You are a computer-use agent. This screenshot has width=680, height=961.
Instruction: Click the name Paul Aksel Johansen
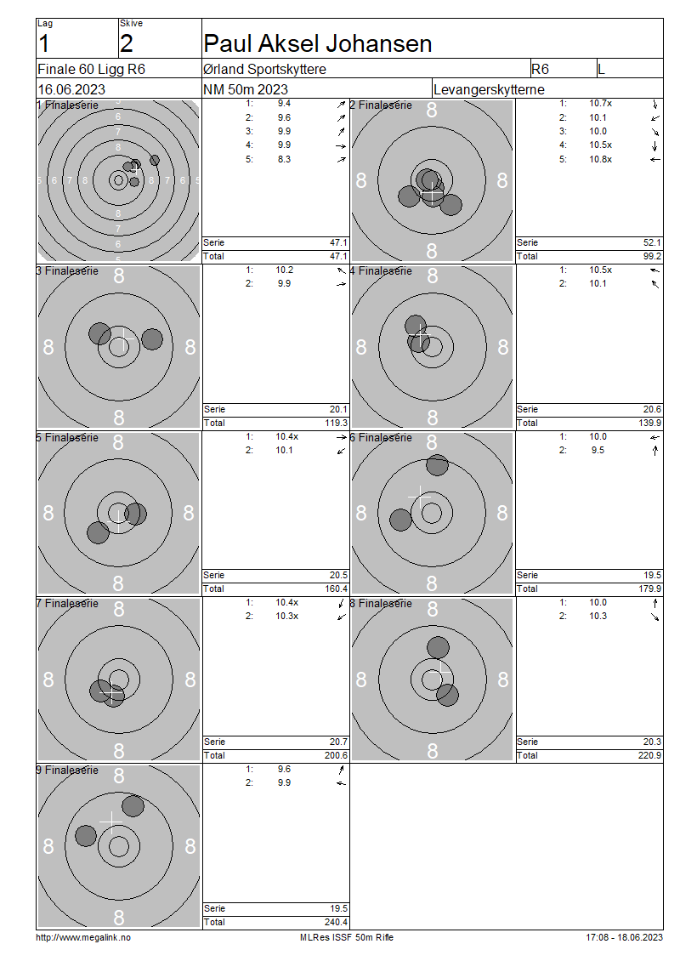[317, 43]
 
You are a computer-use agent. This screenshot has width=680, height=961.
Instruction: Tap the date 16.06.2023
[71, 89]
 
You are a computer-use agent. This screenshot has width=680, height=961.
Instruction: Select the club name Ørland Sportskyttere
[264, 69]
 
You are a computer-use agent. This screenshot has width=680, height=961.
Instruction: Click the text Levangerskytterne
[489, 89]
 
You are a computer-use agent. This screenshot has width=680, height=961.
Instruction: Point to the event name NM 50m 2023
[245, 89]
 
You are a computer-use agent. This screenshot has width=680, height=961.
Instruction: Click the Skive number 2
[126, 43]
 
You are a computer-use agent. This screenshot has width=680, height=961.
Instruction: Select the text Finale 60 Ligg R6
[91, 69]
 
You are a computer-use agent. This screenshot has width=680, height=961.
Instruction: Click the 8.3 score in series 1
[284, 159]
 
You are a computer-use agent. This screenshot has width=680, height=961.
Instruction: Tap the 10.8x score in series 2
[600, 159]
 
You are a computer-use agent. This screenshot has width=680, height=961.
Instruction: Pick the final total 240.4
[337, 922]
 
